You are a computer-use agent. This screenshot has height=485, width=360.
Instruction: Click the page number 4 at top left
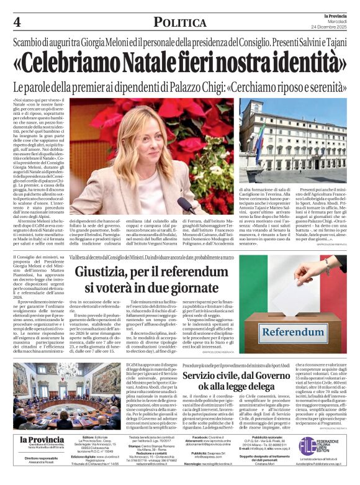pos(17,22)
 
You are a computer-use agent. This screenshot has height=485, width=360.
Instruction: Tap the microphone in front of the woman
pos(184,204)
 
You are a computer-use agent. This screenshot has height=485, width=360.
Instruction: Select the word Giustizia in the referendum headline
pos(108,271)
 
